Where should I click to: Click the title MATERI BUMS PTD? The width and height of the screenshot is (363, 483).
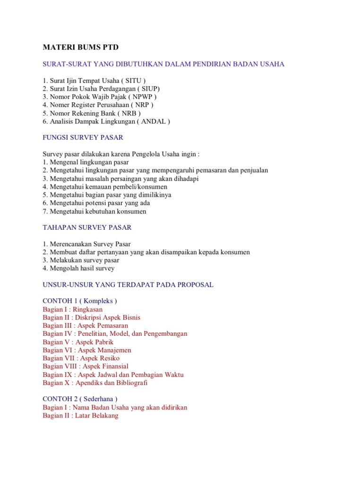pos(81,48)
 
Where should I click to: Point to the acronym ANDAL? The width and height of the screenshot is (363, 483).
pos(154,121)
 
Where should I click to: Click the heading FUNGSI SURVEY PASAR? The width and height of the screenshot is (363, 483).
pos(83,138)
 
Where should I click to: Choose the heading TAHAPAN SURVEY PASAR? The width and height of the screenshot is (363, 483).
pos(87,227)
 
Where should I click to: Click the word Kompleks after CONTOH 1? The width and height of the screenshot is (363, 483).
pos(98,301)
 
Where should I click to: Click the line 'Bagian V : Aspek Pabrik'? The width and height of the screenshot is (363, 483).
pos(78,342)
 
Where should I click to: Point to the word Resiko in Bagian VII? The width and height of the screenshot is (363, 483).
pos(109,358)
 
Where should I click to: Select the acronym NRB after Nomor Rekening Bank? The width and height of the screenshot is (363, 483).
pos(127,113)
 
